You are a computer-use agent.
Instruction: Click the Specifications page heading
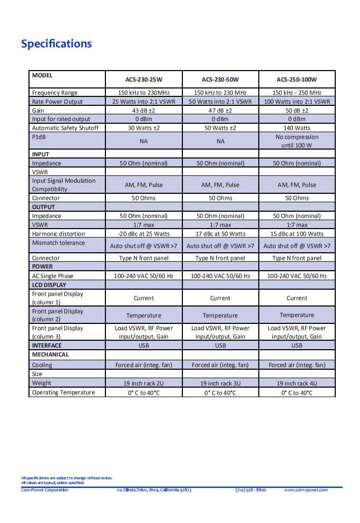(x=56, y=44)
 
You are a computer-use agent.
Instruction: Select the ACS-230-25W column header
(x=143, y=80)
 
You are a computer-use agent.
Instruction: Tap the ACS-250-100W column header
(x=297, y=80)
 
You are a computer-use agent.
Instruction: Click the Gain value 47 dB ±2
(x=220, y=111)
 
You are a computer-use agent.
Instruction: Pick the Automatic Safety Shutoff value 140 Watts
(x=297, y=128)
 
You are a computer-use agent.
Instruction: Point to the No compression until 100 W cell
(x=297, y=141)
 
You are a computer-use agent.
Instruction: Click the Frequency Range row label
(x=55, y=93)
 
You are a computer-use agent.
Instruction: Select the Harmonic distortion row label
(x=59, y=234)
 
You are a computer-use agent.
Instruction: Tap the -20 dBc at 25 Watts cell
(x=143, y=234)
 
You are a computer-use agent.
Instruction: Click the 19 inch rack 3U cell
(x=220, y=383)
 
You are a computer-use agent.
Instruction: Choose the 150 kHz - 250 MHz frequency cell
(x=297, y=93)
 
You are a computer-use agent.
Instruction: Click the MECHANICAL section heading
(x=51, y=354)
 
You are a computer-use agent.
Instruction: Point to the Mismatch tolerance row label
(x=59, y=243)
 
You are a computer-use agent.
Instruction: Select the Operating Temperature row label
(x=63, y=392)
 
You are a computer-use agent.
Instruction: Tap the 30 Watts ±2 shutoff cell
(x=143, y=128)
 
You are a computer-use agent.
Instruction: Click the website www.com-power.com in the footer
(x=306, y=490)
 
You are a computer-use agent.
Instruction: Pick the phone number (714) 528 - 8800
(x=250, y=490)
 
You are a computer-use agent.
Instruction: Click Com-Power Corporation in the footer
(x=45, y=490)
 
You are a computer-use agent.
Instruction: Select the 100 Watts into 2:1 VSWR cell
(x=297, y=102)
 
